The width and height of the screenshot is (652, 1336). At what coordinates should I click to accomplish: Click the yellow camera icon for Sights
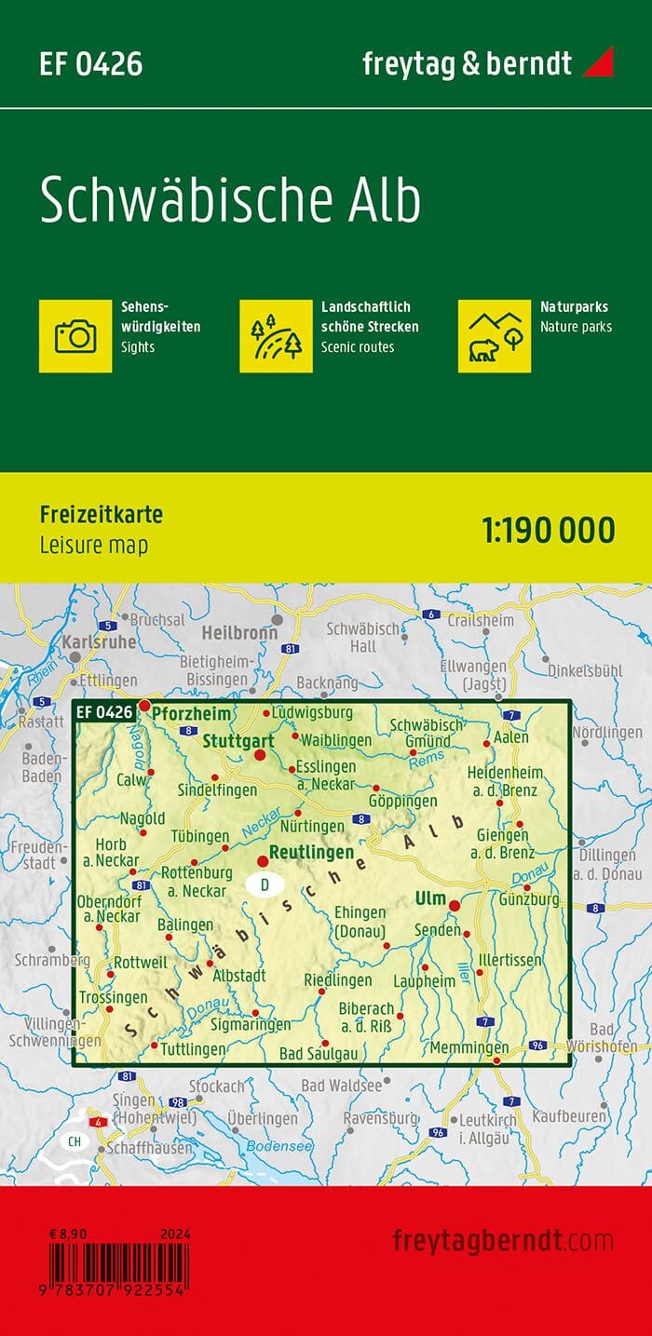click(x=75, y=335)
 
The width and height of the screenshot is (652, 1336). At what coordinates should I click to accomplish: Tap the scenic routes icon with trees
click(x=276, y=335)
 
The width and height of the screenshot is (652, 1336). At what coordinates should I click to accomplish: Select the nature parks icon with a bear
click(x=495, y=335)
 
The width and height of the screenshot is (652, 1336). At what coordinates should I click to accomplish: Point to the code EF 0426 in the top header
click(x=90, y=64)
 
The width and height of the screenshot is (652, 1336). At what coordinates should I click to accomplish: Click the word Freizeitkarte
click(x=102, y=515)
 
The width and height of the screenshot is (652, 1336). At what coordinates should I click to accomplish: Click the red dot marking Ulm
click(x=455, y=906)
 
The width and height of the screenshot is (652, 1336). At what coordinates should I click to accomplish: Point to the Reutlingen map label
click(x=311, y=852)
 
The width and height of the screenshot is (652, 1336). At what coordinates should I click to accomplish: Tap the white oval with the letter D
click(x=265, y=884)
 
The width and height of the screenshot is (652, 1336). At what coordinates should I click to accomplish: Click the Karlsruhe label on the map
click(x=100, y=641)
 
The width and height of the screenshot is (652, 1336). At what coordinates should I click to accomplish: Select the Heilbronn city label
click(x=239, y=632)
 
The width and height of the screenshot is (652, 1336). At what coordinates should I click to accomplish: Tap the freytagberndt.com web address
click(x=503, y=1240)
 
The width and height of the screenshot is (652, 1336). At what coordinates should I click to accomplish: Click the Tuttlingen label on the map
click(x=193, y=1049)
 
